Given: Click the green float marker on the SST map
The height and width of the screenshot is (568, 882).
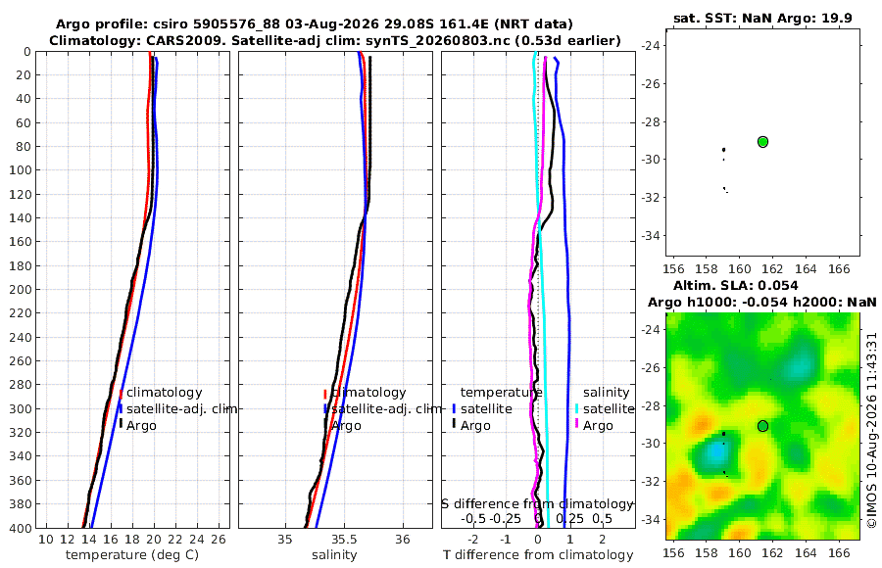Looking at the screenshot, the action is pyautogui.click(x=762, y=142).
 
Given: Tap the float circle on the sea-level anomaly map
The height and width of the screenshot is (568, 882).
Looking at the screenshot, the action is pyautogui.click(x=762, y=426).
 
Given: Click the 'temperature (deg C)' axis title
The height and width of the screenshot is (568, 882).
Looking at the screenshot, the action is pyautogui.click(x=132, y=555).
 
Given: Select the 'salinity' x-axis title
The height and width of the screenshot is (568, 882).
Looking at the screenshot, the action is pyautogui.click(x=334, y=555).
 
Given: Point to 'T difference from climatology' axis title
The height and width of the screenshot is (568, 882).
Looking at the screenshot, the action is pyautogui.click(x=538, y=555).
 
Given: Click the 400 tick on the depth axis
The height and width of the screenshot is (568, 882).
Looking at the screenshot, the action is pyautogui.click(x=20, y=528).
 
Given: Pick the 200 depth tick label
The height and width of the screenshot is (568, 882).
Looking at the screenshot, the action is pyautogui.click(x=20, y=289).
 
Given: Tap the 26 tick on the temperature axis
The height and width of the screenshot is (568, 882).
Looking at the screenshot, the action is pyautogui.click(x=219, y=540).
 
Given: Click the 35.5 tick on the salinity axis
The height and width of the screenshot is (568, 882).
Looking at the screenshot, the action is pyautogui.click(x=344, y=540).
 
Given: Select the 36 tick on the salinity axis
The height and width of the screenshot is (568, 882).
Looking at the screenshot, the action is pyautogui.click(x=402, y=540).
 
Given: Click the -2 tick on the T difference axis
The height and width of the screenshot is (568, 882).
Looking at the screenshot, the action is pyautogui.click(x=473, y=540).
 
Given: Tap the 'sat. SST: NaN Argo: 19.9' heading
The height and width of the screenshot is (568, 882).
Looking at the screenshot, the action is pyautogui.click(x=762, y=18).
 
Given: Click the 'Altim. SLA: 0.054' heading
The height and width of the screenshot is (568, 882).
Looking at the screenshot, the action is pyautogui.click(x=735, y=286).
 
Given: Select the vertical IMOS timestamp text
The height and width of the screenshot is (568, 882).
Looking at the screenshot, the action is pyautogui.click(x=871, y=430).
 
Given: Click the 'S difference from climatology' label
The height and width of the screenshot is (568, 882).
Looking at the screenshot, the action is pyautogui.click(x=537, y=504).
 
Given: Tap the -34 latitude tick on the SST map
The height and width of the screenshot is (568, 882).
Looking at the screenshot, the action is pyautogui.click(x=652, y=235).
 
